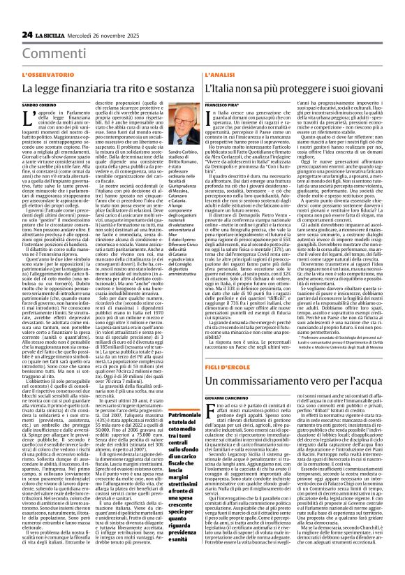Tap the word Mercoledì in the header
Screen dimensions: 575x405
[85, 15]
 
